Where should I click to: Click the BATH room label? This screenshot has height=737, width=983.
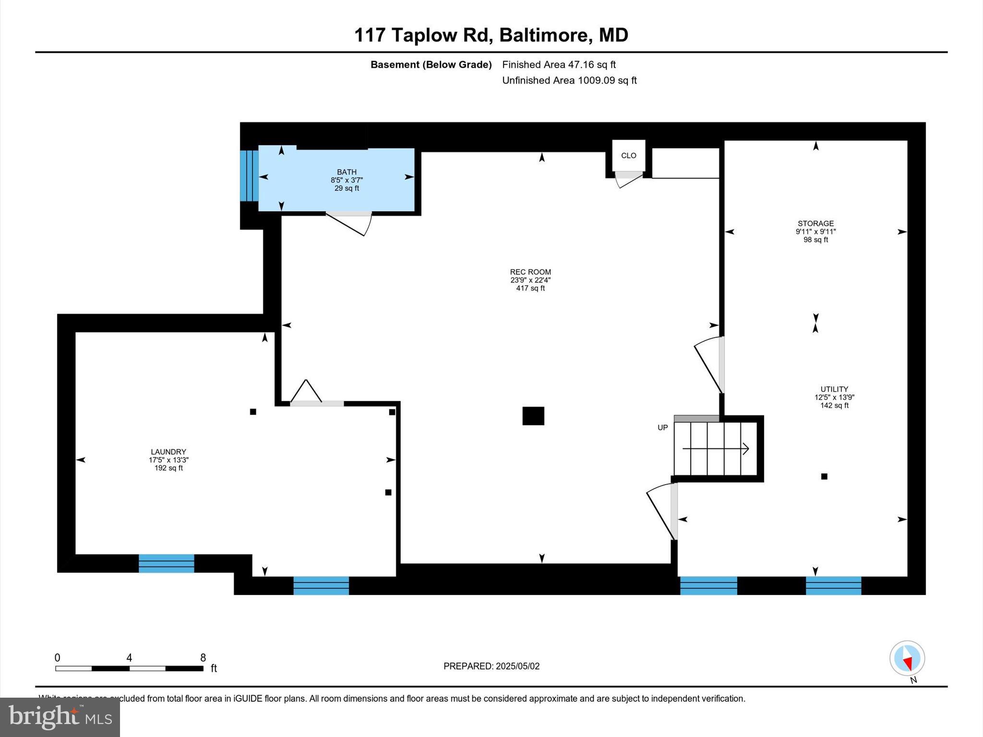(x=347, y=172)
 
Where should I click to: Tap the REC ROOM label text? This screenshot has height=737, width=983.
(x=530, y=272)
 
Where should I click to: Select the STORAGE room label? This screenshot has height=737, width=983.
(x=815, y=224)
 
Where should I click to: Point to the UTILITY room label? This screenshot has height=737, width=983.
(x=834, y=389)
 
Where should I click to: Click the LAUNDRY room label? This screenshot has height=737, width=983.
(x=168, y=452)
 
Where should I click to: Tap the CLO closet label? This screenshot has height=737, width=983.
(x=628, y=155)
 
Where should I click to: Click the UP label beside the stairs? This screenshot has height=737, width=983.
(x=662, y=428)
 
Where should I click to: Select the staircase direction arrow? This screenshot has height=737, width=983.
(x=716, y=449)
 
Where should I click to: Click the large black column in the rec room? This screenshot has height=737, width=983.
(x=533, y=416)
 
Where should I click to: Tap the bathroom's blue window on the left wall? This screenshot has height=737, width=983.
(x=249, y=176)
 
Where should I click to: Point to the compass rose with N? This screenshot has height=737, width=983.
(x=907, y=659)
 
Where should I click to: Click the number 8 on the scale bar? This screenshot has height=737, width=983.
(x=203, y=658)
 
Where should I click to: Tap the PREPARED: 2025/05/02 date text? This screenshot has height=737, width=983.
(x=491, y=666)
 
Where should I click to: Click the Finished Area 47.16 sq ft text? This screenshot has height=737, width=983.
(x=559, y=64)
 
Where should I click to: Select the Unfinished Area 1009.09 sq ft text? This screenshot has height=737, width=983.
(x=569, y=80)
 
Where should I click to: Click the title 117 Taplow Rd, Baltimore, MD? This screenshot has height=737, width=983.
(x=491, y=35)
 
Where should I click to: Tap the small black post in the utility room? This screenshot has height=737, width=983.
(x=824, y=476)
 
